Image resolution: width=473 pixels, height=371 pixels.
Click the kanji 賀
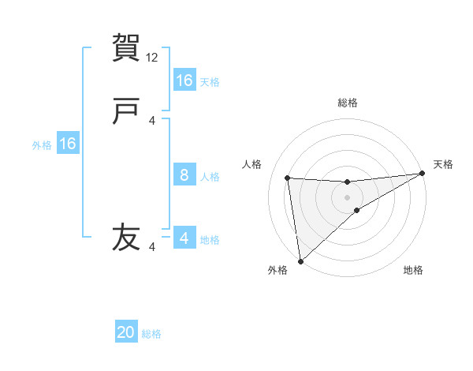pyautogui.click(x=127, y=47)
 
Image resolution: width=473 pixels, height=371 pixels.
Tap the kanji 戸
pyautogui.click(x=127, y=111)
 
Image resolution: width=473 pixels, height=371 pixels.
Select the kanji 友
pyautogui.click(x=127, y=237)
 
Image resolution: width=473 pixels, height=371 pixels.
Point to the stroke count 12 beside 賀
pyautogui.click(x=153, y=58)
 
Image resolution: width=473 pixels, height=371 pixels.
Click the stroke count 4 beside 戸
pyautogui.click(x=153, y=121)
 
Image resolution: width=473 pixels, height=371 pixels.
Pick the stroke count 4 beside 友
pyautogui.click(x=153, y=247)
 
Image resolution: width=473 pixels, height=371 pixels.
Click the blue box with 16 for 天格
pyautogui.click(x=184, y=81)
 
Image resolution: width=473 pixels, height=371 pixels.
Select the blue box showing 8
pyautogui.click(x=184, y=175)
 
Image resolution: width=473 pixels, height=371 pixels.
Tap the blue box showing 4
pyautogui.click(x=184, y=238)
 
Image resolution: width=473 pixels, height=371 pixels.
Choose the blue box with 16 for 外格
pyautogui.click(x=68, y=144)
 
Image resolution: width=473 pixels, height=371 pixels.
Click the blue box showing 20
pyautogui.click(x=126, y=333)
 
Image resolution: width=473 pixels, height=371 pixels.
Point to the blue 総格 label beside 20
pyautogui.click(x=151, y=334)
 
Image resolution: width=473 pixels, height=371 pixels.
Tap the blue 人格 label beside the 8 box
pyautogui.click(x=210, y=176)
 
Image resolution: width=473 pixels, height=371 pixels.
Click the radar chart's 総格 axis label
pyautogui.click(x=348, y=103)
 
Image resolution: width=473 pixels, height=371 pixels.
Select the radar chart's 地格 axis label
pyautogui.click(x=413, y=270)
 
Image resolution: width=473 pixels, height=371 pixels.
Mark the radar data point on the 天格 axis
pyautogui.click(x=422, y=174)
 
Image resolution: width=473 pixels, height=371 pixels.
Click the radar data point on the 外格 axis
pyautogui.click(x=300, y=261)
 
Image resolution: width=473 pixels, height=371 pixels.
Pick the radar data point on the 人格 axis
pyautogui.click(x=288, y=178)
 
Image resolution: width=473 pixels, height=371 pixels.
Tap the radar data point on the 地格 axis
pyautogui.click(x=357, y=210)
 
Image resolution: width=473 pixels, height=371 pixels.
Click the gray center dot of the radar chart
pyautogui.click(x=348, y=197)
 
